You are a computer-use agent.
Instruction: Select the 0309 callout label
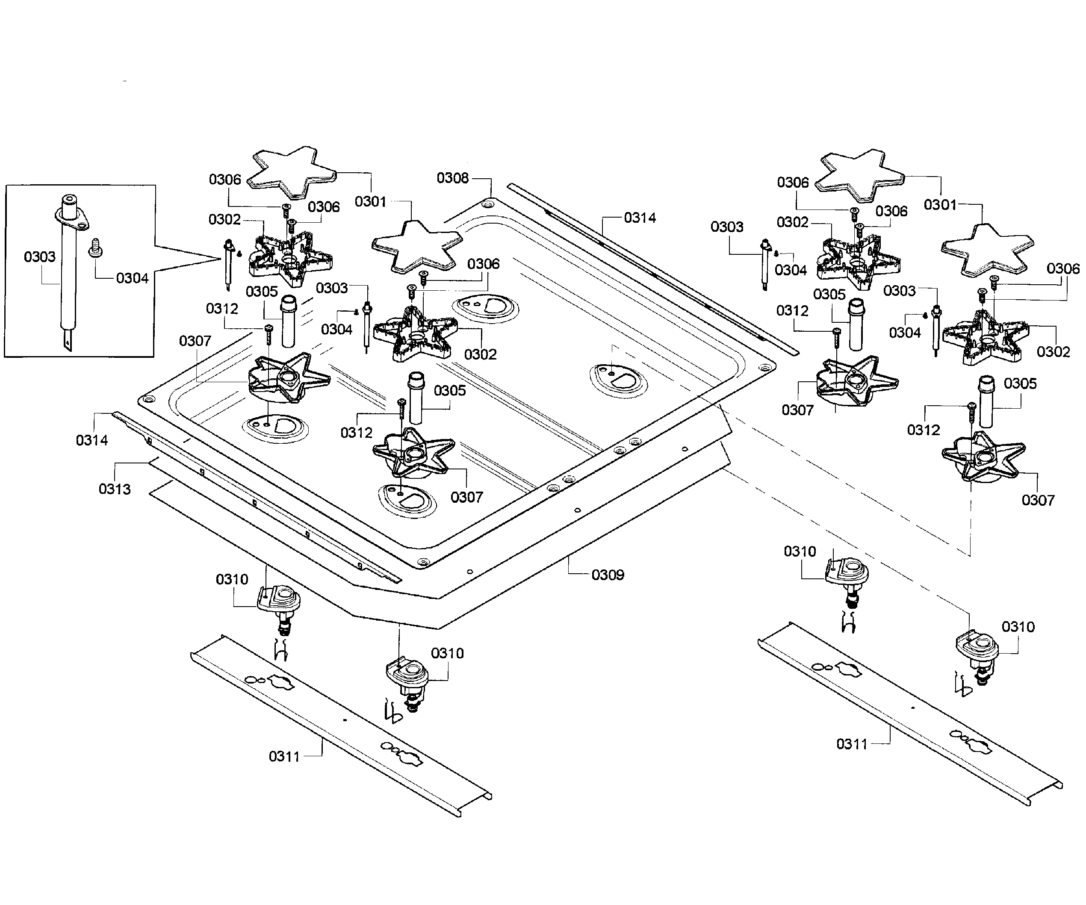click(608, 575)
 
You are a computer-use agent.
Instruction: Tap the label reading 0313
click(115, 489)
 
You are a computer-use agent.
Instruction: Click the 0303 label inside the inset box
click(40, 256)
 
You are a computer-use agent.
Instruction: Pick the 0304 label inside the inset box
click(133, 278)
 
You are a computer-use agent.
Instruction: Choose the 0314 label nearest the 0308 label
click(640, 218)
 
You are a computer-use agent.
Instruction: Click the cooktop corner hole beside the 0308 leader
click(486, 205)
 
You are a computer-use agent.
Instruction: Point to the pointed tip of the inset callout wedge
click(222, 258)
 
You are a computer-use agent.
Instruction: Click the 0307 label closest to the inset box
click(195, 341)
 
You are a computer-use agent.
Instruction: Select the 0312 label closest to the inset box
click(222, 308)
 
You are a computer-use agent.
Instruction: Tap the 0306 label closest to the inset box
click(225, 180)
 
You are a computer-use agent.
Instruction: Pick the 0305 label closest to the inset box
click(262, 292)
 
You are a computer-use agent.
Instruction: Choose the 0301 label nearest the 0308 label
click(371, 201)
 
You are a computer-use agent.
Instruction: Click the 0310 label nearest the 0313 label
click(232, 579)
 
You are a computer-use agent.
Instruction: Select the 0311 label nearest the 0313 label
click(284, 757)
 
